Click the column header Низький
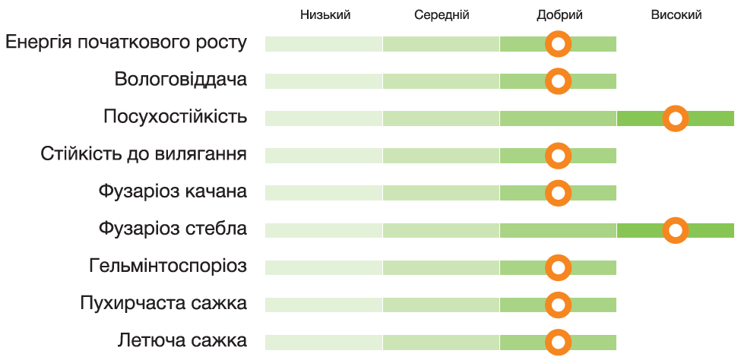click(x=325, y=14)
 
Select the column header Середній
click(x=442, y=14)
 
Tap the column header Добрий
click(x=559, y=14)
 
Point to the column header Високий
click(x=676, y=14)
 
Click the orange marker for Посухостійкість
click(x=675, y=118)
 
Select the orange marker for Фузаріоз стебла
click(x=675, y=229)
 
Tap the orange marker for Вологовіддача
click(x=559, y=81)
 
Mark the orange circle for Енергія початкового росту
click(x=559, y=44)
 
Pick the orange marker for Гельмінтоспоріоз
click(x=559, y=267)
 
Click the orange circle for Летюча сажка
click(x=559, y=342)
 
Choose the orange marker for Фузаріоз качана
click(x=559, y=192)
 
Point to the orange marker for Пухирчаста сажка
click(x=559, y=305)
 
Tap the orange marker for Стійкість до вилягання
click(x=559, y=156)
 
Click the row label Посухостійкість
click(x=175, y=118)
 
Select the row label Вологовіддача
click(x=181, y=81)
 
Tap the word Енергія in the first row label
click(x=38, y=43)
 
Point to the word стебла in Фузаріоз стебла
click(x=216, y=229)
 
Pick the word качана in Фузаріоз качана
click(x=216, y=192)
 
